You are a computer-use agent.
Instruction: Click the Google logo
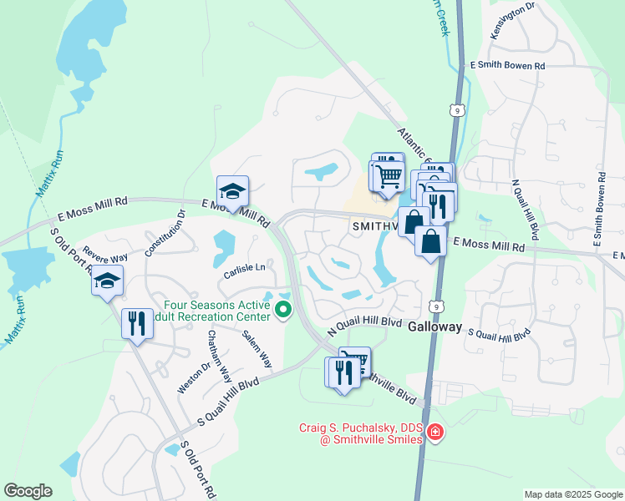coord(28,491)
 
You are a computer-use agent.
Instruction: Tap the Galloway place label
coord(434,328)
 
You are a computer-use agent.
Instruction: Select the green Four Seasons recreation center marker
coord(282,311)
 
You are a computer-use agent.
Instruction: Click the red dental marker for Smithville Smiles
coord(434,432)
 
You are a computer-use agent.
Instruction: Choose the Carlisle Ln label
coord(243,268)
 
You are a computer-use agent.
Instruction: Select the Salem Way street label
coord(257,348)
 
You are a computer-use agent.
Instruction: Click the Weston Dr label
coord(189,377)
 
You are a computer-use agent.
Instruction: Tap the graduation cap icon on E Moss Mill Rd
coord(233,190)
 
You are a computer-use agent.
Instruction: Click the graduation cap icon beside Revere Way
coord(108,281)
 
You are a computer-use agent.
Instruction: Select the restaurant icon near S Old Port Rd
coord(137,323)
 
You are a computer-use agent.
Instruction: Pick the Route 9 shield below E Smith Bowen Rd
coord(455,109)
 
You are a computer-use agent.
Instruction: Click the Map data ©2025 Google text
coord(572,494)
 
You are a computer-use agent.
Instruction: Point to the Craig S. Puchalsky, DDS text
coord(358,428)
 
